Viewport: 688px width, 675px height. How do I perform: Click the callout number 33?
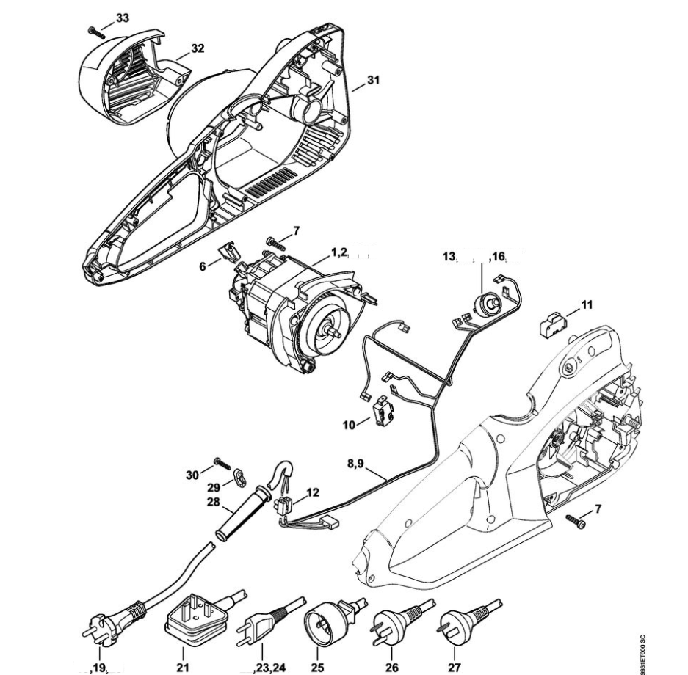pyautogui.click(x=123, y=18)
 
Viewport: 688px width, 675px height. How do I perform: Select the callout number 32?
pyautogui.click(x=198, y=48)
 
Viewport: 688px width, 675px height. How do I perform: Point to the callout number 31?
pyautogui.click(x=373, y=81)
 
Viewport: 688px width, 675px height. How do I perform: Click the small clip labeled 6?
pyautogui.click(x=228, y=252)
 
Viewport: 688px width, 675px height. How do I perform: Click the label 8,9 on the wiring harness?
pyautogui.click(x=355, y=464)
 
